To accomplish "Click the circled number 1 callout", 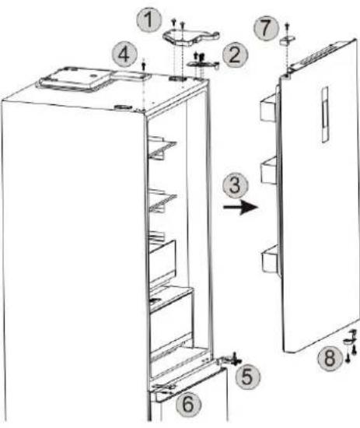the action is tap(149, 20).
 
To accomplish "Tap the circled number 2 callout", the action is tap(236, 55).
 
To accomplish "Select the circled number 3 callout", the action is tap(236, 186).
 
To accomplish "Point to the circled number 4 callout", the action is tap(124, 55).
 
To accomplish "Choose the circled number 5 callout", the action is tap(247, 377).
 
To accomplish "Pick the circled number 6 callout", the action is tap(187, 404).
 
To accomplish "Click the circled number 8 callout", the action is tap(330, 358).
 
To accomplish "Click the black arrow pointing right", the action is tap(240, 208).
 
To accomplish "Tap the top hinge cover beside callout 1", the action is tap(191, 37).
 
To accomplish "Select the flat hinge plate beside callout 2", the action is tap(203, 64).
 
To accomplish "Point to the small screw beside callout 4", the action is tap(144, 66).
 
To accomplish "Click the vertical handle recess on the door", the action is tap(325, 114).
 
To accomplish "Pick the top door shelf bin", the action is tap(268, 107).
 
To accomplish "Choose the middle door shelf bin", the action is tap(270, 170).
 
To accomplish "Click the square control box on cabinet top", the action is tap(75, 79).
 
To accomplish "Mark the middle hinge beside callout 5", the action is tap(229, 361).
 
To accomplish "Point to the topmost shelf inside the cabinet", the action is tap(162, 148).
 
